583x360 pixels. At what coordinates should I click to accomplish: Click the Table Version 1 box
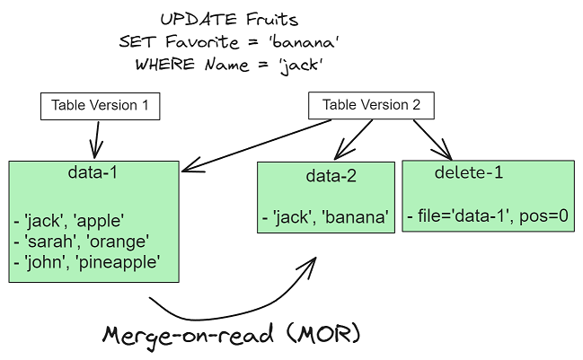click(100, 106)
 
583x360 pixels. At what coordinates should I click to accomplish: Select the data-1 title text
click(93, 172)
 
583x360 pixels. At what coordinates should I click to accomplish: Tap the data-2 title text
click(326, 176)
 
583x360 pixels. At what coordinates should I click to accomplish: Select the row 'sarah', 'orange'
click(80, 241)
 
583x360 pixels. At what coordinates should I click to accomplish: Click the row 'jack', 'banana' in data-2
click(324, 216)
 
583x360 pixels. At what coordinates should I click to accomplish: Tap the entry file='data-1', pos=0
click(487, 215)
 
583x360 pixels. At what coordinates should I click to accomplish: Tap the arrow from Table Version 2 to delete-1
click(431, 138)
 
